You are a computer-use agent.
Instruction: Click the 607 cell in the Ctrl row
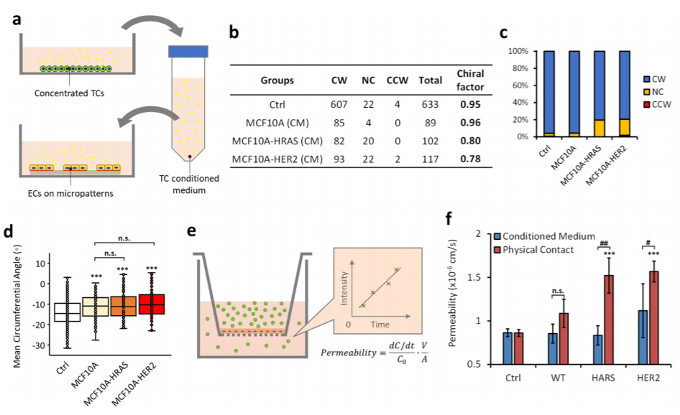coord(338,103)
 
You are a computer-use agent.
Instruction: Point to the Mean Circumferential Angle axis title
coord(13,304)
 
